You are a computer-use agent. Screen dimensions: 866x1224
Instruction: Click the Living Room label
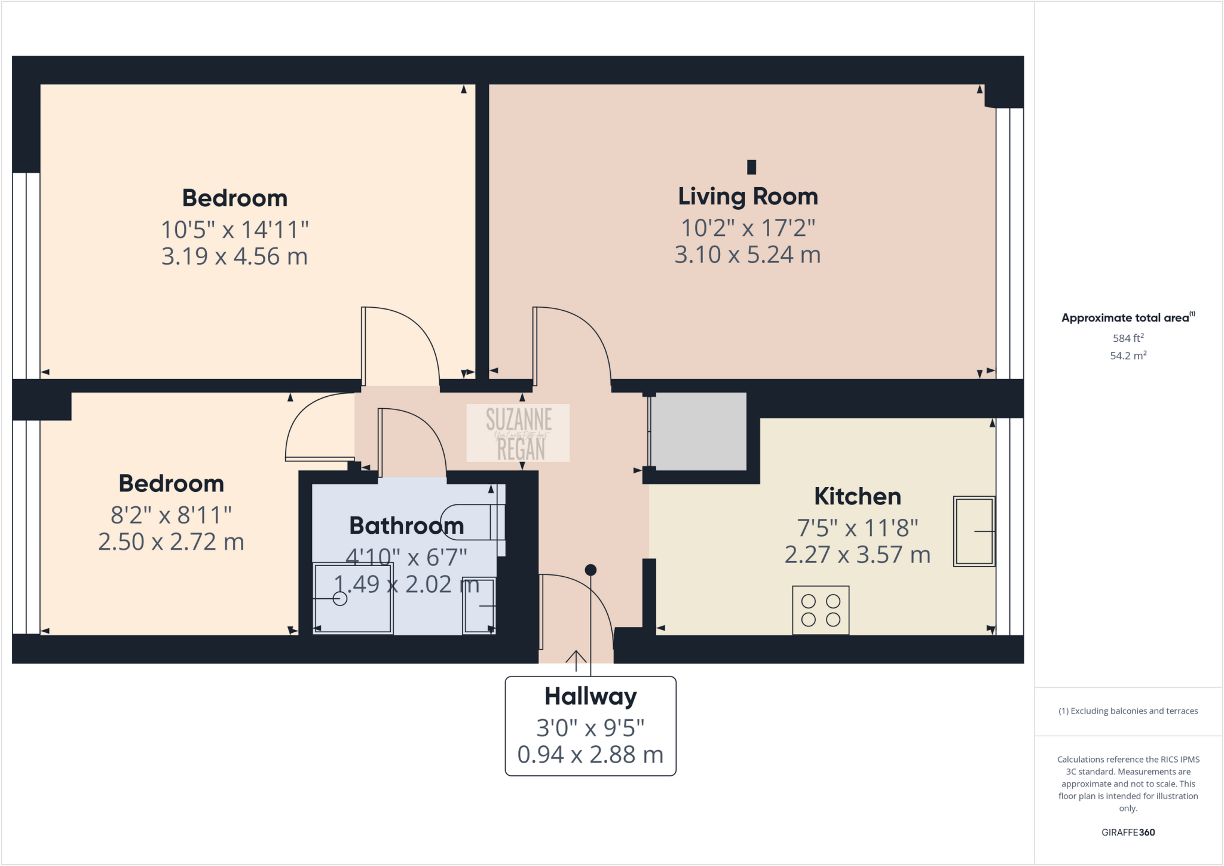point(747,197)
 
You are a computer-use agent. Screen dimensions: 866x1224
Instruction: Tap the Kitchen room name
point(857,497)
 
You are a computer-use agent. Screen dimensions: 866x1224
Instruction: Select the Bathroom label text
point(406,526)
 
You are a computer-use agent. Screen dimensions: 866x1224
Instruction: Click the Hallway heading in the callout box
point(590,696)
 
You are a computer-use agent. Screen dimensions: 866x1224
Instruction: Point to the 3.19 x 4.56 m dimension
point(234,256)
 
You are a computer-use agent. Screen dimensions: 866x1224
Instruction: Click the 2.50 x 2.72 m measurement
point(171,542)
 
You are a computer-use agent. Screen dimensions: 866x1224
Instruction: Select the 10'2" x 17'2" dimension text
point(748,228)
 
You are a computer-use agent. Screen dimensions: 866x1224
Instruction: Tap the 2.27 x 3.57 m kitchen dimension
point(857,555)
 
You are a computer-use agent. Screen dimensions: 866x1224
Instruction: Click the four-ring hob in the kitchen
point(821,610)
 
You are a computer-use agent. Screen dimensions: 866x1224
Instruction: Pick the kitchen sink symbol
point(974,531)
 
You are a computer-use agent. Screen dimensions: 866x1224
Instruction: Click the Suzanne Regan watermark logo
point(518,433)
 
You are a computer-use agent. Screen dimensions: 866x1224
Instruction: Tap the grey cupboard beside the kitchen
point(698,432)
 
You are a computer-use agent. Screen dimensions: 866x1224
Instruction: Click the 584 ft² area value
point(1128,338)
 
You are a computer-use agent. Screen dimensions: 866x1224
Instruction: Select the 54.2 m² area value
point(1128,356)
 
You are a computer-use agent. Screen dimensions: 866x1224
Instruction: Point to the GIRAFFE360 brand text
point(1128,832)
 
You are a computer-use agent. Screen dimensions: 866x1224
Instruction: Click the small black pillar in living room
point(752,167)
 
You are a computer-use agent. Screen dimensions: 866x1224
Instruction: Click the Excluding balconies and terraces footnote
point(1128,711)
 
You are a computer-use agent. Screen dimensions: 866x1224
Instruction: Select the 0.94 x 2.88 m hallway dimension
point(590,755)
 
